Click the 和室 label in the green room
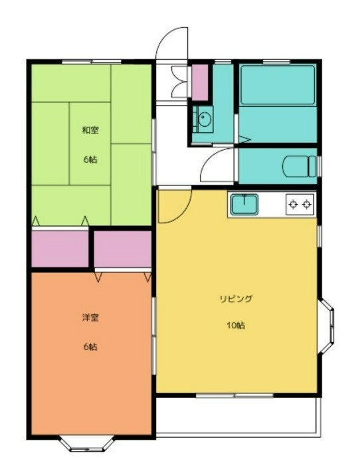[90, 130]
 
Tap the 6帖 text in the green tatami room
[90, 159]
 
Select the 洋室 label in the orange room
[90, 318]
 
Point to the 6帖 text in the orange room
[90, 346]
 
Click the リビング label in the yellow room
[236, 299]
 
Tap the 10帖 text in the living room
[236, 325]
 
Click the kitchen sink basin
[244, 205]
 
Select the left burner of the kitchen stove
[294, 205]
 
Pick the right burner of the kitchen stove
[307, 205]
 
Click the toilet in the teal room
[299, 166]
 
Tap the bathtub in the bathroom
[278, 85]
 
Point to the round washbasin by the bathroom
[205, 120]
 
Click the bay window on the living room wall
[326, 327]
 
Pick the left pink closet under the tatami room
[60, 249]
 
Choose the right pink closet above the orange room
[123, 249]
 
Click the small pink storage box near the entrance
[199, 82]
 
